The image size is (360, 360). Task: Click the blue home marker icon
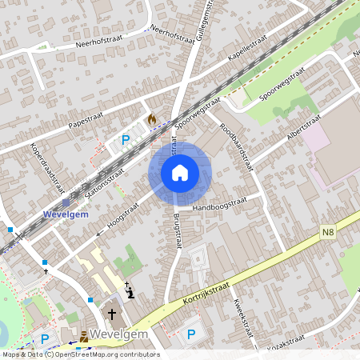[179, 172]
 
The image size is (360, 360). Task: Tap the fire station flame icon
[151, 119]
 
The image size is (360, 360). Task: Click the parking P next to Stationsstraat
[125, 140]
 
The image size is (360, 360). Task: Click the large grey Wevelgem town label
[120, 333]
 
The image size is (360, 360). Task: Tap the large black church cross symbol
[112, 314]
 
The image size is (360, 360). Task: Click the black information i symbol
[132, 293]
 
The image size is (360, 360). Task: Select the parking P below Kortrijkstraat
[190, 334]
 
